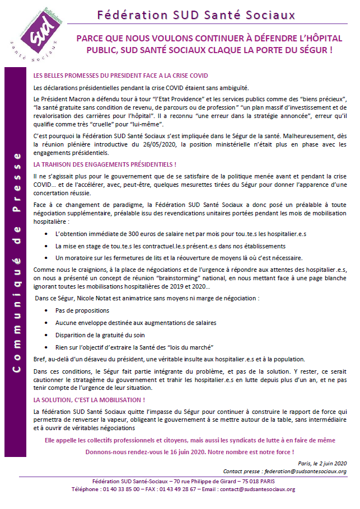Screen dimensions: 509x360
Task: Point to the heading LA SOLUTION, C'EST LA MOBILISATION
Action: [90, 400]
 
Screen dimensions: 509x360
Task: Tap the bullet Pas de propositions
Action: [82, 310]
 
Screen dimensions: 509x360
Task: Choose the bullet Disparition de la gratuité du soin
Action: [106, 336]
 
